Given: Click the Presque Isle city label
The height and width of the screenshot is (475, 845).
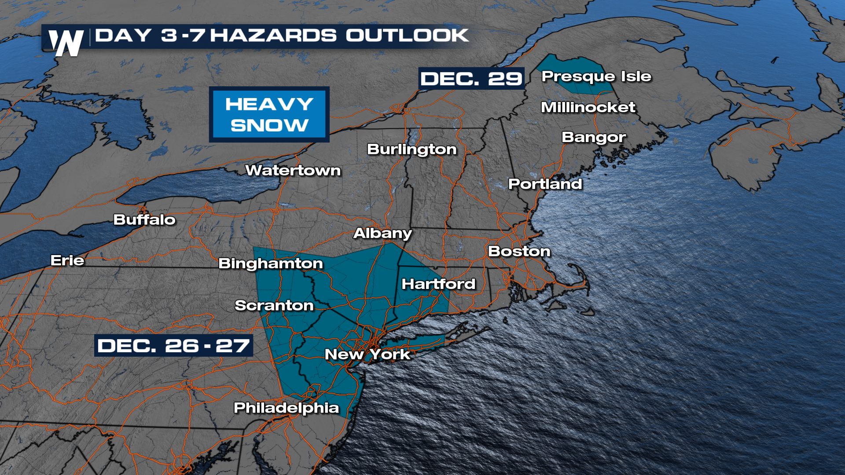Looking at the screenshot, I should (596, 77).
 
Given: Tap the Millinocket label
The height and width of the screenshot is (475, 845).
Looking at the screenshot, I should (588, 107).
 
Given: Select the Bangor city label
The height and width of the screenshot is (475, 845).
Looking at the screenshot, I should (593, 138).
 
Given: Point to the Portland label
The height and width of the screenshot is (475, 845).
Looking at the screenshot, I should (545, 184).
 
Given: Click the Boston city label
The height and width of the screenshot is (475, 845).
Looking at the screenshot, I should (519, 251).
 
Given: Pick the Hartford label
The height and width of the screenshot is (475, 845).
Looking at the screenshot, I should (438, 284).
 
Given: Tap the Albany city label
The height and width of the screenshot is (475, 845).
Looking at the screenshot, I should (382, 233).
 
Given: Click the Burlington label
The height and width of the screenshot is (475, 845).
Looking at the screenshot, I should (411, 150).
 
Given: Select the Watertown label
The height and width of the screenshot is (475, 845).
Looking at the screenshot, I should (293, 171).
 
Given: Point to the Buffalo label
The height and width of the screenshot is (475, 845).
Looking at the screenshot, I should (144, 219).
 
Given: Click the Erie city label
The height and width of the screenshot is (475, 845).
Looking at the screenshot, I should (67, 260).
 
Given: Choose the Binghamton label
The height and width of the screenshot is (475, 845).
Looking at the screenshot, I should (271, 263).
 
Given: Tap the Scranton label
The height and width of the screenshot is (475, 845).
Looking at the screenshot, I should (274, 305).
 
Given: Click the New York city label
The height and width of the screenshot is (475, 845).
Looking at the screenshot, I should (367, 354).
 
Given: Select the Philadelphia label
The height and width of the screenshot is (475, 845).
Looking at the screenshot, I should (286, 408).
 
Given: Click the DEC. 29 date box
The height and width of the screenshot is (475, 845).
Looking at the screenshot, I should (471, 79).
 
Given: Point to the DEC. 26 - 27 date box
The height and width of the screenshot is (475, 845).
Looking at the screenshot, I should (173, 346).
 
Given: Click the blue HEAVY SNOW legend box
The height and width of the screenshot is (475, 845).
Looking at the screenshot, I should (269, 114).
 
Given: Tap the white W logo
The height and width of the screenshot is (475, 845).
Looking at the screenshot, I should (66, 43).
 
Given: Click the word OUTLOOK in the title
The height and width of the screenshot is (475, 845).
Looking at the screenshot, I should (407, 36).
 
